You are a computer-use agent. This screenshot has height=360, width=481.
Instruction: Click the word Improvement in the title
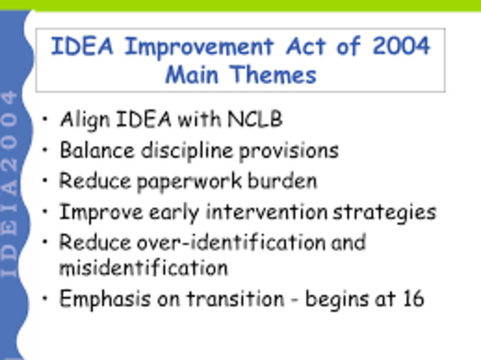tap(198, 47)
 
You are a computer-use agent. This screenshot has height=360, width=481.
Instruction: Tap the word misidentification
tap(144, 267)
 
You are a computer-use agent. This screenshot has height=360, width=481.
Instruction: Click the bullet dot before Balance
tap(46, 151)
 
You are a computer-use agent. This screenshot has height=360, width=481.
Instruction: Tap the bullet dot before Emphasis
tap(46, 298)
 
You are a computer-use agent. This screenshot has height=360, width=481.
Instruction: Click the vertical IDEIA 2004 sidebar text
tap(10, 184)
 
